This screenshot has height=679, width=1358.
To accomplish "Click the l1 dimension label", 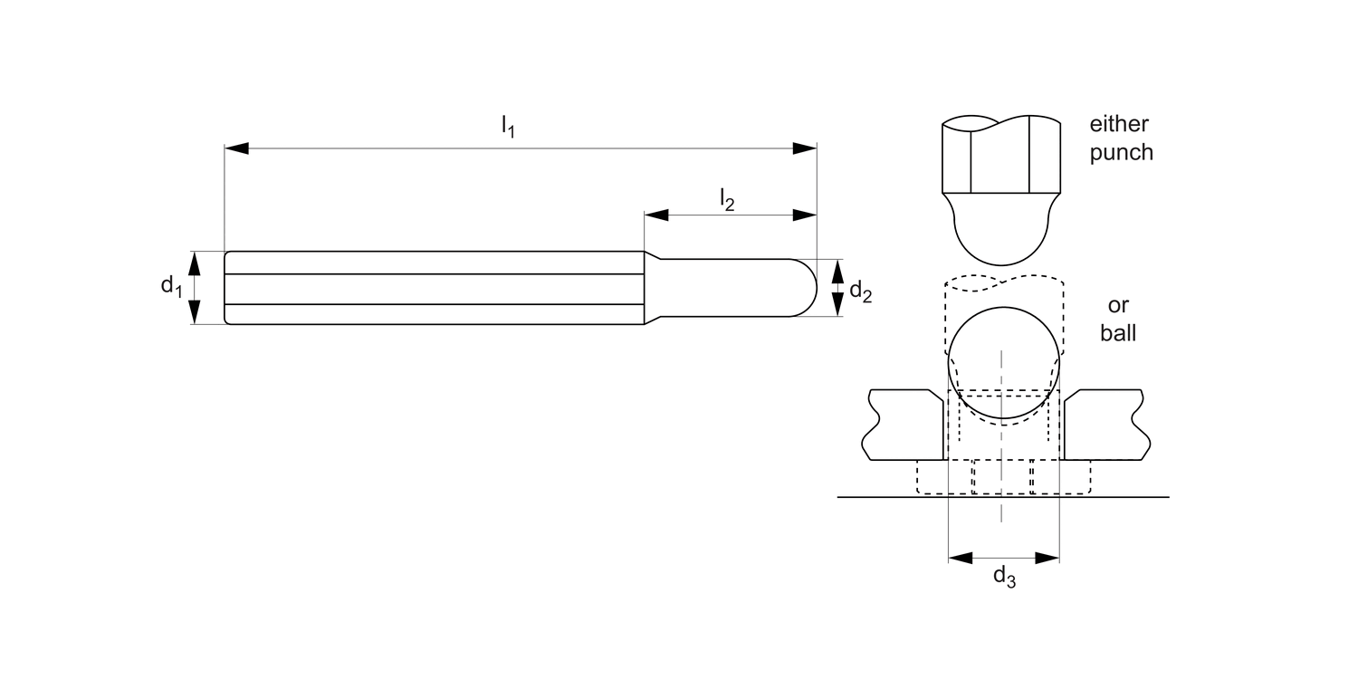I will (x=508, y=128).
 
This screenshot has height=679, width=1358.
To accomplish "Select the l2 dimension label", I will (x=726, y=199).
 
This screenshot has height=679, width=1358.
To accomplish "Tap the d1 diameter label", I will (x=171, y=286).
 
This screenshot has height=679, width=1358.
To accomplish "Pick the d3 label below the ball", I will (x=1004, y=576).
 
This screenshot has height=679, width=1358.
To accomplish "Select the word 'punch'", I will (x=1121, y=152).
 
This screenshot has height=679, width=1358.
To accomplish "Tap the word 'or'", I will (x=1118, y=304).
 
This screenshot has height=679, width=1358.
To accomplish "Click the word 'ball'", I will (x=1118, y=332).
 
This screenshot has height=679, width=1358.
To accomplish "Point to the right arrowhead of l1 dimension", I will (x=805, y=148).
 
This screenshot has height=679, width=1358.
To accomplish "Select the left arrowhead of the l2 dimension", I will (x=655, y=215).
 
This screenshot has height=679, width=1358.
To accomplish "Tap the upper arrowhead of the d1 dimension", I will (x=194, y=263).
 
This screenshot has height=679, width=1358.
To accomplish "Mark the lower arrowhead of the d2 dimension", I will (x=837, y=307).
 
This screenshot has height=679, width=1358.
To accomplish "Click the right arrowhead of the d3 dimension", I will (x=1047, y=558).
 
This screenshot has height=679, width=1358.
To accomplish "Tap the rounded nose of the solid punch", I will (x=1002, y=240).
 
